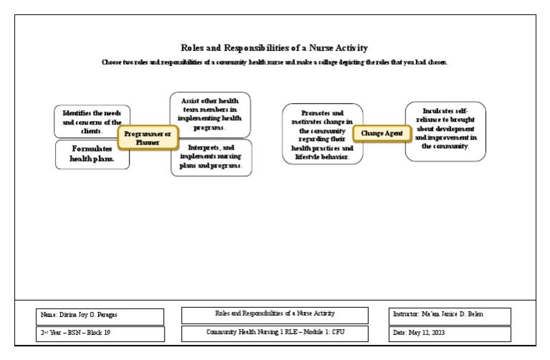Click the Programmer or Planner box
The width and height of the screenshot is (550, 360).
click(x=148, y=137)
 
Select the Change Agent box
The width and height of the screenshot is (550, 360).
click(x=382, y=134)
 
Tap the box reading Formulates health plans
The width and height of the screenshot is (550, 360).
click(x=92, y=155)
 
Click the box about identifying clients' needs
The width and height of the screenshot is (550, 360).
click(x=92, y=121)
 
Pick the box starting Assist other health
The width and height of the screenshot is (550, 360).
click(x=210, y=115)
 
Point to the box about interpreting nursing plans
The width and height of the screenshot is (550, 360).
click(x=211, y=157)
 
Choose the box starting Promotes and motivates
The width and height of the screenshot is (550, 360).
click(x=322, y=134)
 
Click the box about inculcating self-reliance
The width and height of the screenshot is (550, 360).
click(x=445, y=131)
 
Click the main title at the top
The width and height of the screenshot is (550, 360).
click(x=274, y=48)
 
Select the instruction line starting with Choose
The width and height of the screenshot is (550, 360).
click(x=275, y=62)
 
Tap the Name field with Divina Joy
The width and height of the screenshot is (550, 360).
click(x=100, y=316)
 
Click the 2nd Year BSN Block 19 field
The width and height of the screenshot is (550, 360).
click(x=100, y=334)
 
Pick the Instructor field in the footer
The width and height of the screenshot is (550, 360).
click(x=450, y=316)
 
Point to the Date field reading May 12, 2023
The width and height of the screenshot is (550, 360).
click(x=450, y=334)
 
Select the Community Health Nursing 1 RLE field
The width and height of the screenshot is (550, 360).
click(x=275, y=334)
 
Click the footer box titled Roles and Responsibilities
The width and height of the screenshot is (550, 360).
click(x=275, y=315)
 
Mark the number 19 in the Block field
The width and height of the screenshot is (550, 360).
click(x=107, y=333)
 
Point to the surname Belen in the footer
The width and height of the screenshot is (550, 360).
click(x=476, y=314)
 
